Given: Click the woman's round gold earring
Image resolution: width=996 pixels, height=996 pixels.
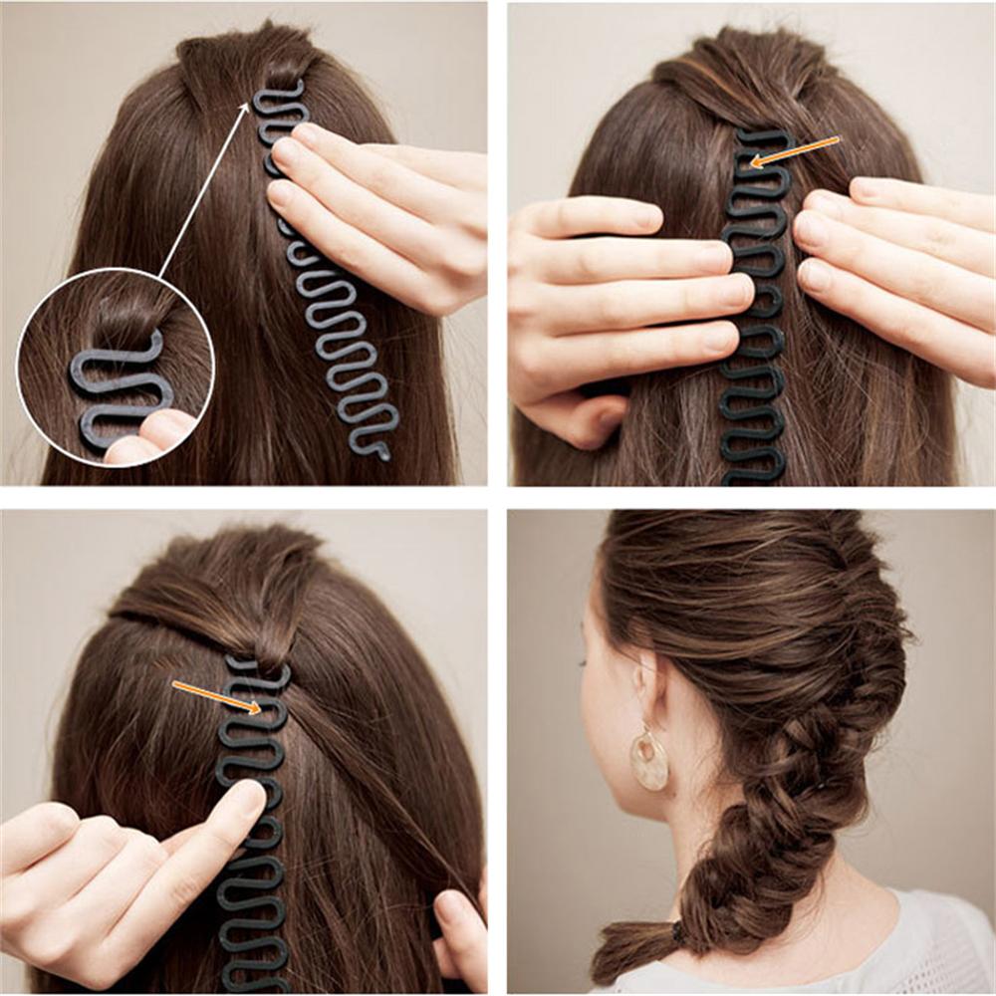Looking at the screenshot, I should point(649,761).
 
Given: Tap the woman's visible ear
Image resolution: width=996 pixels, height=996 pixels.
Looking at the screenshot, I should point(645,687).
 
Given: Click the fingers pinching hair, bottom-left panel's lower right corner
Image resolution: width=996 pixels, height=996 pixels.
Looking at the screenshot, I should point(458,926).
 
